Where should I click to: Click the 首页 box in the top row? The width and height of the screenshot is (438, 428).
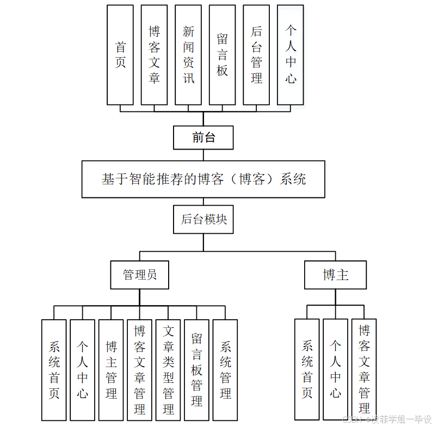[x=120, y=55]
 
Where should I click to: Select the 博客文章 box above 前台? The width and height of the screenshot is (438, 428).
[x=154, y=55]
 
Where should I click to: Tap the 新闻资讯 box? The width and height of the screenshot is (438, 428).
[x=188, y=55]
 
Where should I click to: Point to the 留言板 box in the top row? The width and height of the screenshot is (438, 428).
[x=222, y=55]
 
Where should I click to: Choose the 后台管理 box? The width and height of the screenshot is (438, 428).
[x=256, y=55]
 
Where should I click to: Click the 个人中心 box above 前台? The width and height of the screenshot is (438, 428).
[x=291, y=55]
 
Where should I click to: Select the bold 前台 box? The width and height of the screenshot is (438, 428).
[x=203, y=138]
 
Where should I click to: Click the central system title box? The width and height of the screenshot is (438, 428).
[x=203, y=179]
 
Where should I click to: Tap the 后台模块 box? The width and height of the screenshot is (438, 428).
[x=203, y=220]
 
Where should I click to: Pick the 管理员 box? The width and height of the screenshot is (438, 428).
[x=139, y=275]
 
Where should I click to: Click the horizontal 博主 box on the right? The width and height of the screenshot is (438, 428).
[x=335, y=275]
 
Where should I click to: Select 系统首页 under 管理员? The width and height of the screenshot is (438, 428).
[x=54, y=370]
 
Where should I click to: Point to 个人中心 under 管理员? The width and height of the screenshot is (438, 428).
[x=83, y=370]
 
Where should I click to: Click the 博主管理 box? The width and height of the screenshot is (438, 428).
[x=111, y=370]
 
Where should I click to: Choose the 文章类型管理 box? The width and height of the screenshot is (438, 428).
[x=168, y=370]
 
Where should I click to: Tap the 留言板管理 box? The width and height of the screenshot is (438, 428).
[x=196, y=370]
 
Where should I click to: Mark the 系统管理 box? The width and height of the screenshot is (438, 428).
[x=225, y=370]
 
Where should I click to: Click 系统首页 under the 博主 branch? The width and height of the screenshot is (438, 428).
[x=307, y=370]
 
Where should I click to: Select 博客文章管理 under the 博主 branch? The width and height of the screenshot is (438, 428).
[x=364, y=370]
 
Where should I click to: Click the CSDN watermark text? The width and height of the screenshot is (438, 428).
[x=386, y=419]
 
